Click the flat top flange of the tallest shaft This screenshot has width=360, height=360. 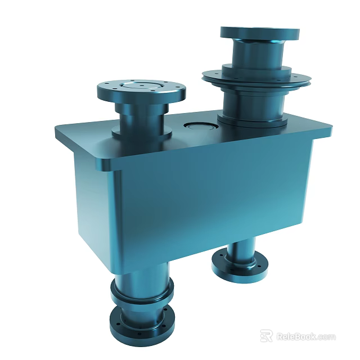(x=259, y=33)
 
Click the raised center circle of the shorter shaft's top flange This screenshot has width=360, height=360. (x=141, y=86)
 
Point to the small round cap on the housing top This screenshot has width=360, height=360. (x=200, y=126)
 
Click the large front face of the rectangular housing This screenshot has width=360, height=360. (x=208, y=197)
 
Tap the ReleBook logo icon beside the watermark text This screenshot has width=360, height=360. (x=266, y=336)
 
